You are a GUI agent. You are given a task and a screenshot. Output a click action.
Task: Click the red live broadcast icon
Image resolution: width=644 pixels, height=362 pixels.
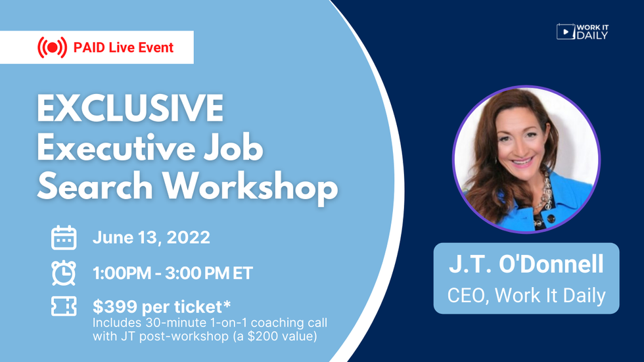click(52, 47)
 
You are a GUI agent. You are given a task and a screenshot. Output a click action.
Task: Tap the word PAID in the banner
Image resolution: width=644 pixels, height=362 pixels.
click(89, 47)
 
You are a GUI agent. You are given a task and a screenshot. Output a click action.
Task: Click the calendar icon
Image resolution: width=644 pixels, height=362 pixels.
click(64, 238)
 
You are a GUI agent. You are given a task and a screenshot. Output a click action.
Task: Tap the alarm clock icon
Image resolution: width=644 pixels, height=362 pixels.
click(64, 273)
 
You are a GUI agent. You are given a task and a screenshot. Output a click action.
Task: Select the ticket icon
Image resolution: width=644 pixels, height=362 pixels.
click(64, 307)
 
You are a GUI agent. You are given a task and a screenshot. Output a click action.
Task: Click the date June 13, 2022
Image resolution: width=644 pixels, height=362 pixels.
click(151, 238)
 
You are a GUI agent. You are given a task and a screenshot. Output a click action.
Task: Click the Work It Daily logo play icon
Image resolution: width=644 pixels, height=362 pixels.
click(565, 31)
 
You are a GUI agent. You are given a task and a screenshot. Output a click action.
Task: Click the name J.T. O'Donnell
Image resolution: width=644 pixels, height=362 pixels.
click(526, 265)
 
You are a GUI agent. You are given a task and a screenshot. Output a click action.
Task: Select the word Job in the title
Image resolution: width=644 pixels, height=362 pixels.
click(235, 149)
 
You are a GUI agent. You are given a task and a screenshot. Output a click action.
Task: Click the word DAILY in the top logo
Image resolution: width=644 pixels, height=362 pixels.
click(592, 35)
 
